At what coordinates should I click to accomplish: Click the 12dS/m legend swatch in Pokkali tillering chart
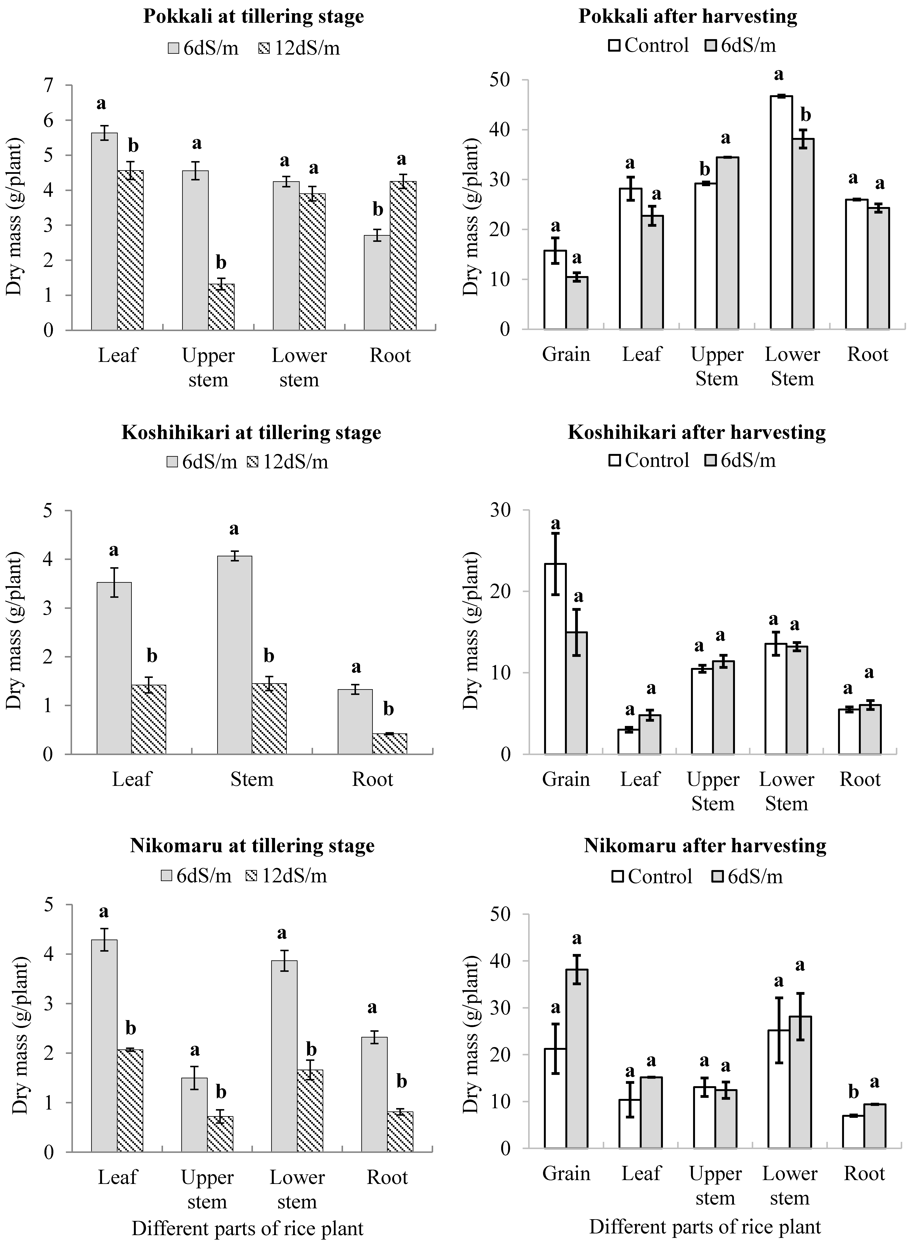[264, 49]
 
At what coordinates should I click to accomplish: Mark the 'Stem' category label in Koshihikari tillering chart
[252, 779]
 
